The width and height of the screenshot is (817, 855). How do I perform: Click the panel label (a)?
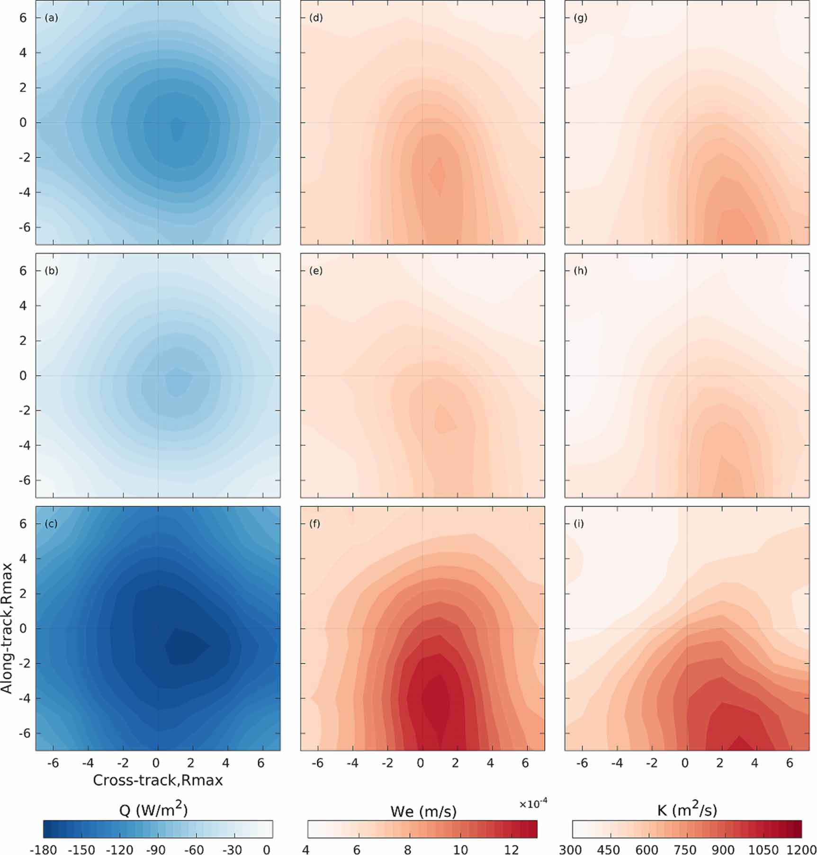[x=51, y=18]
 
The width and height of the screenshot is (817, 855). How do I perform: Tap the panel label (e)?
[x=315, y=271]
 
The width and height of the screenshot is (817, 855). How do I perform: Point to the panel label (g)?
[x=580, y=18]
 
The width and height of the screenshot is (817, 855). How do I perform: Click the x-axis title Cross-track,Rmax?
[x=158, y=780]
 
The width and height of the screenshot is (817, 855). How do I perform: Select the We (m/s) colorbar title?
[x=423, y=811]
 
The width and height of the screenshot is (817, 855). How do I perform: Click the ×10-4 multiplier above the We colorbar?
[x=533, y=804]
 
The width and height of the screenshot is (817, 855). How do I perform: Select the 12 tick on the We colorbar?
[x=512, y=849]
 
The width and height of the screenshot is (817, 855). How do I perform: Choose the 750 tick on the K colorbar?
[x=686, y=849]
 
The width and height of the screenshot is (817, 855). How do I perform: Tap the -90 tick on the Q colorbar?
[x=155, y=849]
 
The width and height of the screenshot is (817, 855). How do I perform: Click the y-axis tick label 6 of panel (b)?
[x=23, y=270]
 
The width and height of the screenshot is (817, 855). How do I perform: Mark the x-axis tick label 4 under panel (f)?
[x=490, y=763]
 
